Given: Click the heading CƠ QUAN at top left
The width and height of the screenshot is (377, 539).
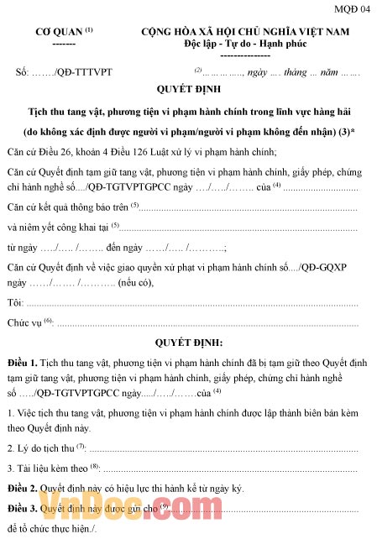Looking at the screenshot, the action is click(60, 31).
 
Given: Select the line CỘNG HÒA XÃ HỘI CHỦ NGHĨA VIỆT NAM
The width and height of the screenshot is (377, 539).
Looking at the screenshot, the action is click(244, 31).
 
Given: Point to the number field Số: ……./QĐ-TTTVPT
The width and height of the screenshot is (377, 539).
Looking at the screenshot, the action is click(64, 71).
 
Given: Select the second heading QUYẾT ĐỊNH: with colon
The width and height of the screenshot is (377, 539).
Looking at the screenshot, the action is click(189, 343).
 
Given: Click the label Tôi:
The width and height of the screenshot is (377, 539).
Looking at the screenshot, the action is click(14, 301).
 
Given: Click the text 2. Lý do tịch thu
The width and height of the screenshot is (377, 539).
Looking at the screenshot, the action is click(40, 447).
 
